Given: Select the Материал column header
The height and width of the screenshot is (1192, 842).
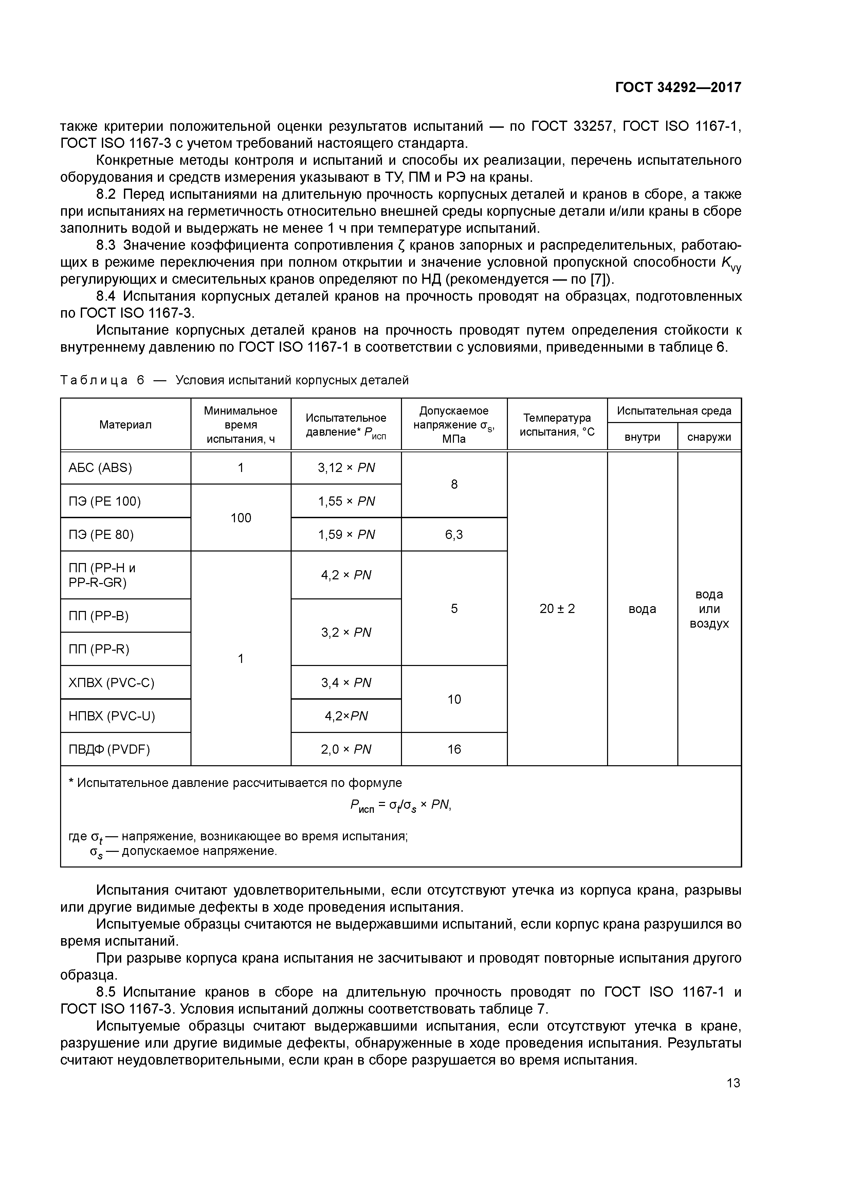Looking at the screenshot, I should click(x=126, y=425).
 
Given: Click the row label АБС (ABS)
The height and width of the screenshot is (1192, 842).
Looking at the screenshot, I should click(x=100, y=468).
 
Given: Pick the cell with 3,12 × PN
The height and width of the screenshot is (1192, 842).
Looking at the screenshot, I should click(x=346, y=468).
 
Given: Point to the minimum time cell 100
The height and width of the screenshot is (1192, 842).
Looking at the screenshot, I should click(x=241, y=518).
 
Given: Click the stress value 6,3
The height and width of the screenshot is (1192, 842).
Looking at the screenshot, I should click(x=454, y=534).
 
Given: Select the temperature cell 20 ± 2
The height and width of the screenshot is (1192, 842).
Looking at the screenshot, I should click(x=557, y=609).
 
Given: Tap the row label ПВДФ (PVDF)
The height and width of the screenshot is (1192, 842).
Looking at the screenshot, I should click(x=109, y=749).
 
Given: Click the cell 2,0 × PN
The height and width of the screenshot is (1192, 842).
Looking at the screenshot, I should click(x=346, y=749).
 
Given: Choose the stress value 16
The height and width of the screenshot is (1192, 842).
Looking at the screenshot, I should click(x=454, y=749).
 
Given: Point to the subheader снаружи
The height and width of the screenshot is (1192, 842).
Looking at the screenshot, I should click(x=709, y=437).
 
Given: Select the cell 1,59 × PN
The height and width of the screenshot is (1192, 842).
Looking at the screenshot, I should click(x=346, y=534).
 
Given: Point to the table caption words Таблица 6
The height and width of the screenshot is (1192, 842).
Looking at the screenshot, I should click(x=102, y=381).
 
